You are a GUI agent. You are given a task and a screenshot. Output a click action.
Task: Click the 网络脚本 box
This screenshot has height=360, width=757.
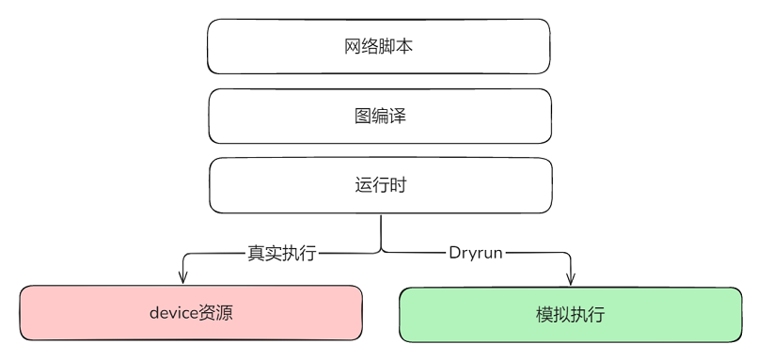(x=378, y=46)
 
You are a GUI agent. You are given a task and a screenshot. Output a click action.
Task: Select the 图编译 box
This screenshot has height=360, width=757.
(x=379, y=116)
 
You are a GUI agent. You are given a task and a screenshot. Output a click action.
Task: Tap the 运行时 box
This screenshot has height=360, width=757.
(x=380, y=185)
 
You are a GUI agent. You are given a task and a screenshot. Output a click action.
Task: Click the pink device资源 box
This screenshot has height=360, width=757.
(x=191, y=313)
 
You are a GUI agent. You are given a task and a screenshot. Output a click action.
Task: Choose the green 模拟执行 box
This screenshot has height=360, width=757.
(x=571, y=314)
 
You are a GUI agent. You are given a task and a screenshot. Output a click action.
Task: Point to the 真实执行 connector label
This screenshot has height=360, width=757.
(x=282, y=253)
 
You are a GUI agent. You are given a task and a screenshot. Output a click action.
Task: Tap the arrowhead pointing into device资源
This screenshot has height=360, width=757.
(x=184, y=277)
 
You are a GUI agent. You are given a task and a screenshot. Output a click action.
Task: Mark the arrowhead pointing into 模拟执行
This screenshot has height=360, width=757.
(x=570, y=277)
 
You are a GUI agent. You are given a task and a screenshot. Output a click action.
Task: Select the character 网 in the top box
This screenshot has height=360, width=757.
(x=354, y=46)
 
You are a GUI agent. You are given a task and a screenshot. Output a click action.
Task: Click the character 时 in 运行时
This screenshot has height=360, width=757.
(x=398, y=185)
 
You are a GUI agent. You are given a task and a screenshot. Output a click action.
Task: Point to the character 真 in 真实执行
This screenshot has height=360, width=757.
(x=256, y=253)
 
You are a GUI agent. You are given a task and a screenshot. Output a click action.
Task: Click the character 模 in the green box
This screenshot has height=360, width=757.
(x=544, y=314)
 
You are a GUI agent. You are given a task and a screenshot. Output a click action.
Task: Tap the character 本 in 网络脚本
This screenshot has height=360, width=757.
(x=404, y=46)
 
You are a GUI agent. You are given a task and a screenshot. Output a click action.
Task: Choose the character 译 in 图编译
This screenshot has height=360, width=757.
(x=397, y=116)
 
